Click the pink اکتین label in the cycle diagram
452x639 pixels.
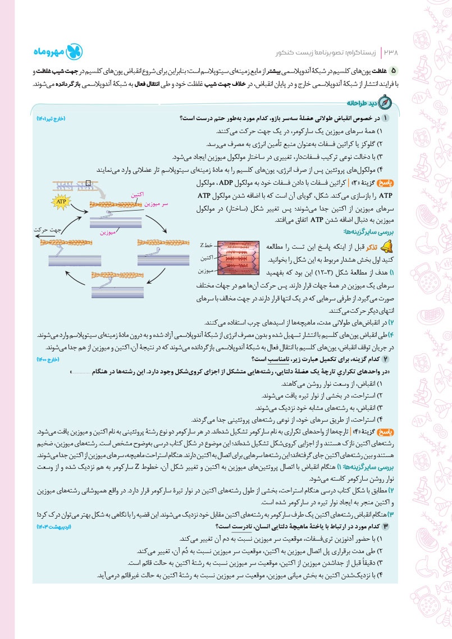[x=136, y=194]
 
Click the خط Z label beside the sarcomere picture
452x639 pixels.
[x=206, y=245]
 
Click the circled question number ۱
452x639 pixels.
[x=385, y=117]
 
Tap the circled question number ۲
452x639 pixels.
[x=385, y=359]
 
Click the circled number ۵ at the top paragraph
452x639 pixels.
[x=394, y=70]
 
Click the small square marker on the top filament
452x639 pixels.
[x=88, y=182]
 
